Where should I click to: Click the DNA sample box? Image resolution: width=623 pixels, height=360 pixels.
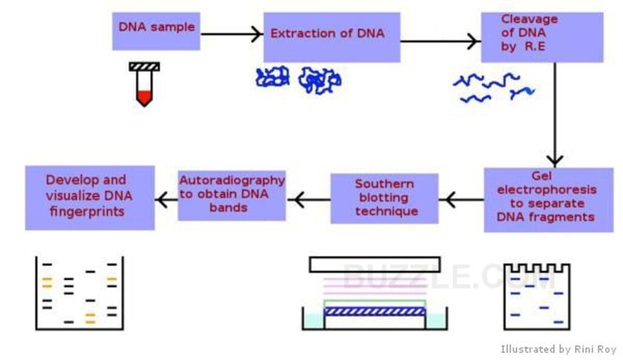[x=156, y=31]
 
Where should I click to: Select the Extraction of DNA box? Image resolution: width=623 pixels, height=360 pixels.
[x=332, y=37]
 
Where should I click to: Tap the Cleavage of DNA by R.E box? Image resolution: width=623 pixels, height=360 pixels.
[x=542, y=37]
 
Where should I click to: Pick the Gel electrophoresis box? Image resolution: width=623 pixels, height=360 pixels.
[x=548, y=199]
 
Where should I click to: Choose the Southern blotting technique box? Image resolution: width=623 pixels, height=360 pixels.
[x=385, y=198]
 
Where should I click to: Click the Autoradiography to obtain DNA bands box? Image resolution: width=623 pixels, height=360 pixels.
[x=232, y=195]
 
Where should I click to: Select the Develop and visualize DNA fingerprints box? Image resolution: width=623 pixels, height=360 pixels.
[x=90, y=198]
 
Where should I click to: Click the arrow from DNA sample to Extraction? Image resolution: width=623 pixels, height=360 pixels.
[x=232, y=34]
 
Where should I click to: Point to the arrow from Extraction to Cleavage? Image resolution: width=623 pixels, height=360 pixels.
[x=440, y=41]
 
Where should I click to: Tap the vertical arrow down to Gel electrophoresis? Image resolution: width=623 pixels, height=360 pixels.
[x=555, y=114]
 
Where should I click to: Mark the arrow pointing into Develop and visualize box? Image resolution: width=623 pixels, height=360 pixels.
[x=167, y=199]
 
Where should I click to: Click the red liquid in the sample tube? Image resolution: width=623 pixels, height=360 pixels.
[x=144, y=98]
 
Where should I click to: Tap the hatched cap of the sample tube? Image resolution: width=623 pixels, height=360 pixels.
[x=144, y=67]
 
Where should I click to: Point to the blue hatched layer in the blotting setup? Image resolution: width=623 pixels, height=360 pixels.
[x=375, y=311]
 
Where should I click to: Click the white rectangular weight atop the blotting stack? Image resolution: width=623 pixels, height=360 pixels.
[x=375, y=265]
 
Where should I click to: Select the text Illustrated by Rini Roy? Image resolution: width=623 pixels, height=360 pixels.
[x=559, y=350]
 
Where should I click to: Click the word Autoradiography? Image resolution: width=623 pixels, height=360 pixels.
[x=232, y=181]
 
